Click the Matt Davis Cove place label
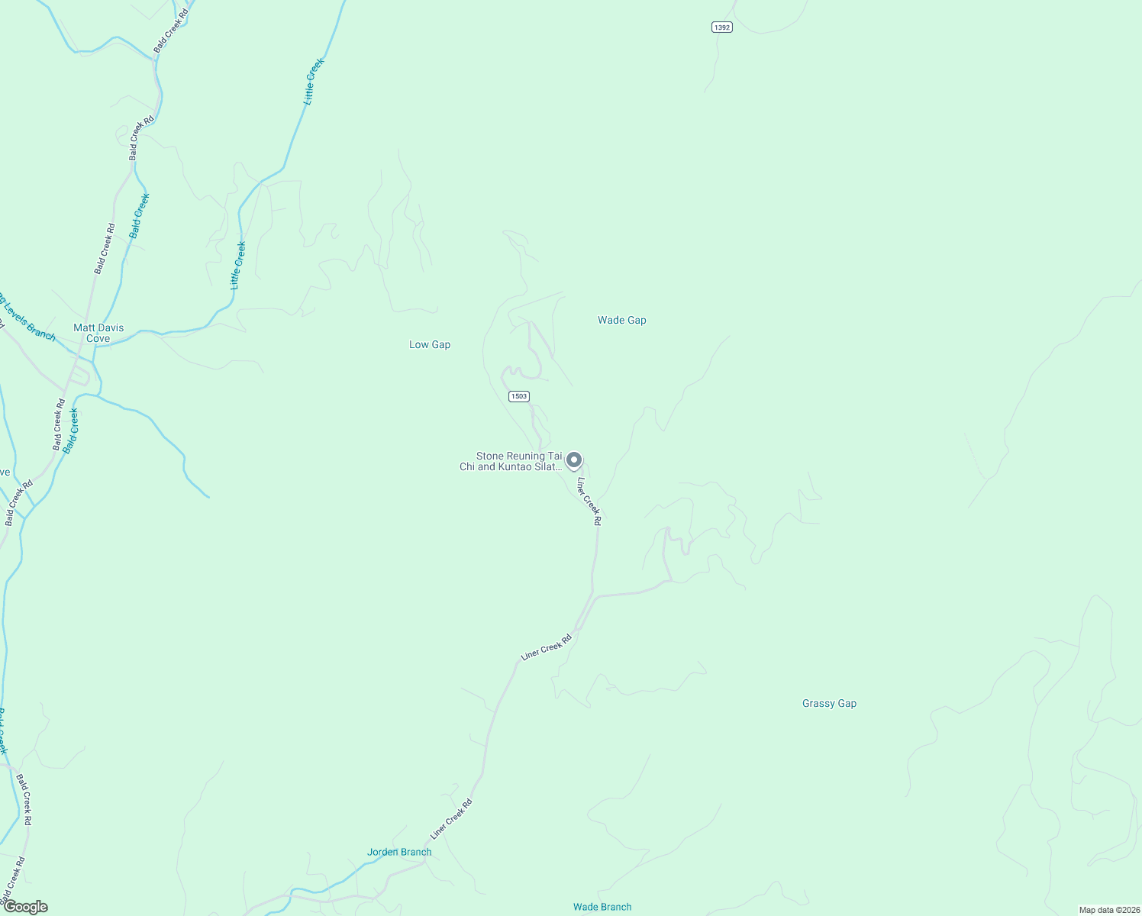pyautogui.click(x=98, y=333)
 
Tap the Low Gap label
pyautogui.click(x=430, y=345)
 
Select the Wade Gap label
pyautogui.click(x=621, y=321)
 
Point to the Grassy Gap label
pyautogui.click(x=829, y=704)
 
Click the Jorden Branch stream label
pyautogui.click(x=399, y=853)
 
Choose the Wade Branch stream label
pyautogui.click(x=602, y=908)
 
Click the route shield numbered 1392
pyautogui.click(x=721, y=27)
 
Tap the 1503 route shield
pyautogui.click(x=519, y=396)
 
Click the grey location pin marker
pyautogui.click(x=574, y=460)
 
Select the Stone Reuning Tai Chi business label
pyautogui.click(x=511, y=462)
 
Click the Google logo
pyautogui.click(x=25, y=907)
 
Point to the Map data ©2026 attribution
pyautogui.click(x=1108, y=910)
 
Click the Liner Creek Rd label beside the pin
pyautogui.click(x=589, y=502)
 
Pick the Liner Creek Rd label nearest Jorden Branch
pyautogui.click(x=452, y=818)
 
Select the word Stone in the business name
pyautogui.click(x=491, y=456)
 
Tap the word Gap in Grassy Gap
pyautogui.click(x=847, y=704)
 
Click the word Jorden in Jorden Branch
pyautogui.click(x=383, y=853)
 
